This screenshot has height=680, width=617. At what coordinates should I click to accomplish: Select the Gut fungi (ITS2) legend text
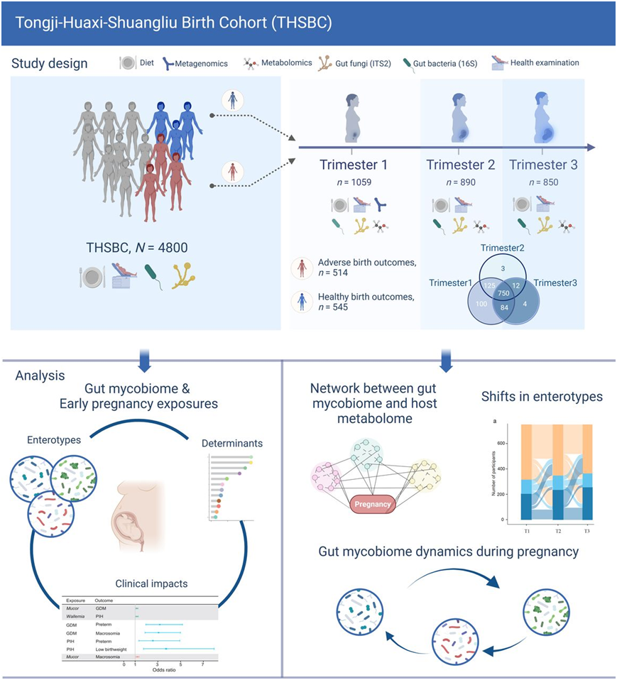point(364,62)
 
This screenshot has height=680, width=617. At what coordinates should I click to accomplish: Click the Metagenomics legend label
point(202,63)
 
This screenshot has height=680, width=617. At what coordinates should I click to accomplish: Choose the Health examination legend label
point(545,62)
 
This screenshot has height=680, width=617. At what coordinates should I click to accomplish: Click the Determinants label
point(232,444)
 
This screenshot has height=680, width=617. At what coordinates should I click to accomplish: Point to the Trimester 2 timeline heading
point(460,165)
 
